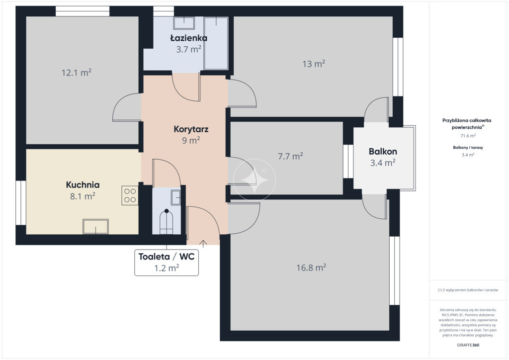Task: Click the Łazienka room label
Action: tap(189, 38)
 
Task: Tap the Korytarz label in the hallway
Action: tap(191, 129)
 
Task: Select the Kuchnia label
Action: tap(83, 184)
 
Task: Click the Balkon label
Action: tap(383, 151)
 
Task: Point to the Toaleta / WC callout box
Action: tap(167, 262)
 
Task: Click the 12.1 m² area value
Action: tap(76, 73)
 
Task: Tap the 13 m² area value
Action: tap(314, 64)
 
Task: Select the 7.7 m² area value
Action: tap(290, 156)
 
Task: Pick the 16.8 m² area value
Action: tap(311, 268)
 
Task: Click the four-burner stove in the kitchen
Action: tap(130, 195)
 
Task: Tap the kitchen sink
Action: tap(96, 226)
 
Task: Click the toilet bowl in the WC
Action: tap(167, 221)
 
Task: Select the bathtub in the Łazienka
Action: tap(216, 43)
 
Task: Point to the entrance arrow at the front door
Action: tap(203, 244)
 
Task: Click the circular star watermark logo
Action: tap(254, 180)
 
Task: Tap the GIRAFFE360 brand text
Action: tap(468, 345)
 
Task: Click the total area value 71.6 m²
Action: tap(468, 136)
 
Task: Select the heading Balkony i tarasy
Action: tap(468, 147)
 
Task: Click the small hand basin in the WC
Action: tap(175, 197)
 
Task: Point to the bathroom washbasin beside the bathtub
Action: tap(184, 23)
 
